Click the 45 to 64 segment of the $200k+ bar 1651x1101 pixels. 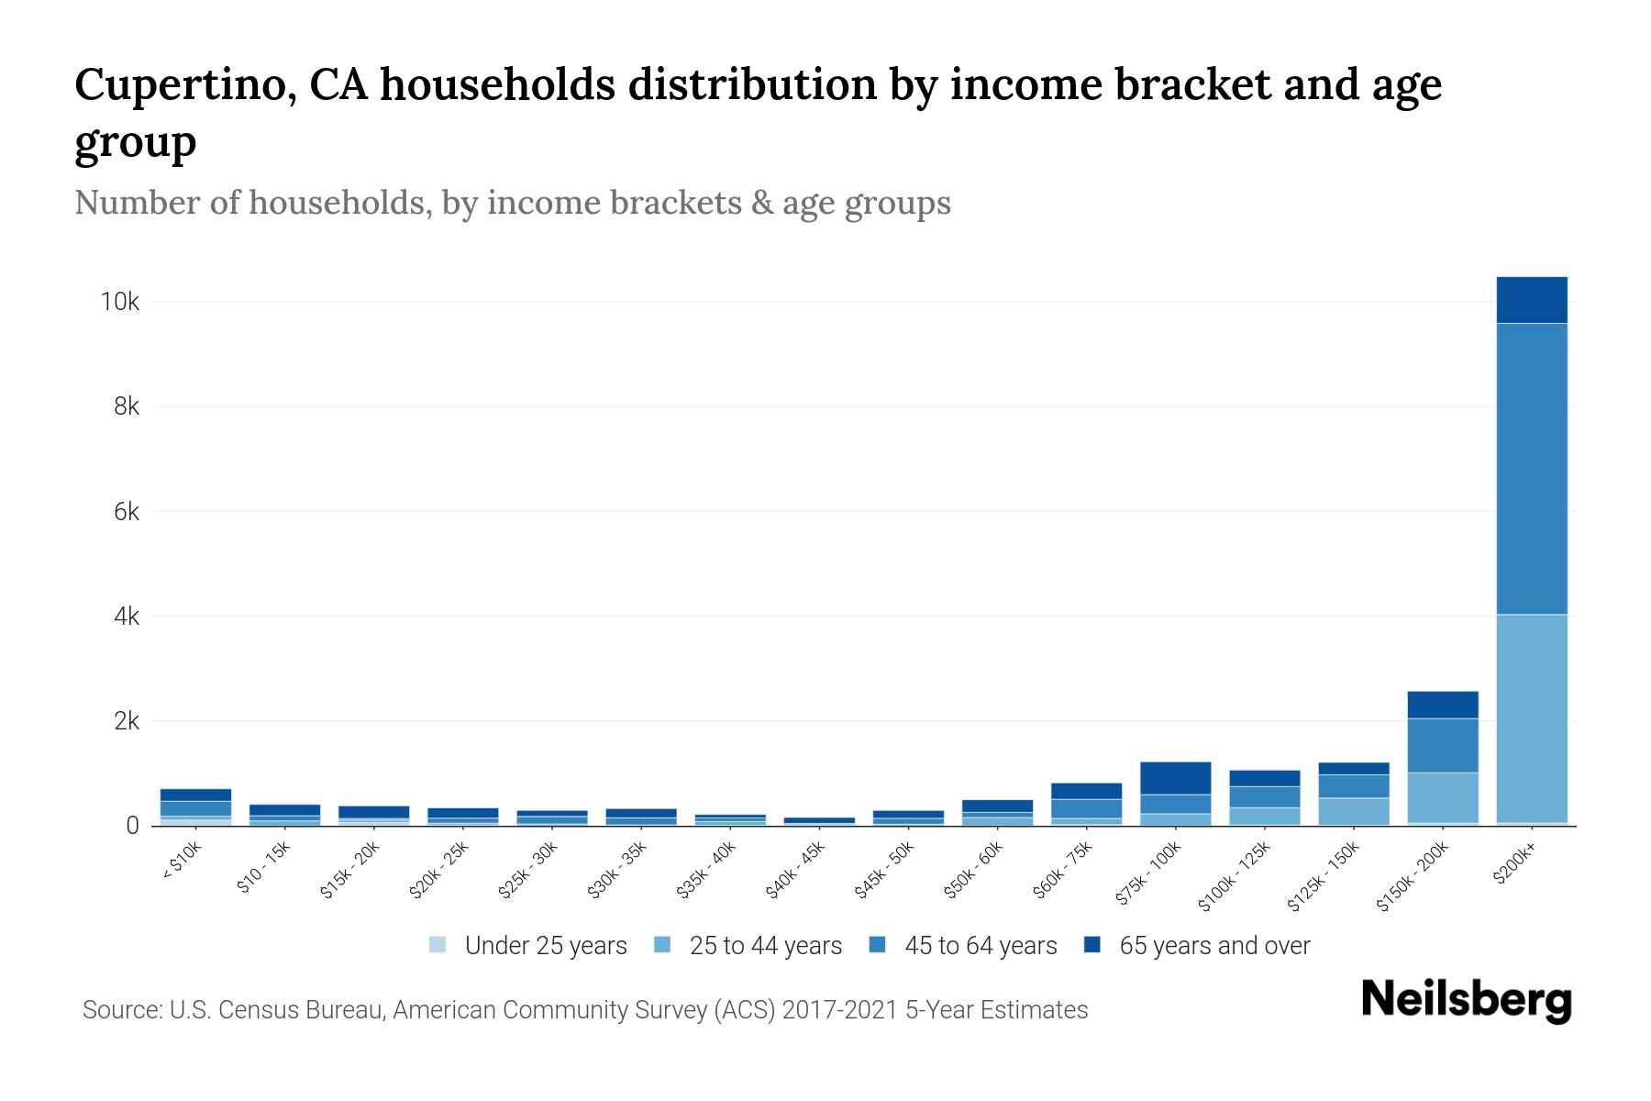click(x=1532, y=468)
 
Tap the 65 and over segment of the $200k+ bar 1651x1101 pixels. click(x=1532, y=300)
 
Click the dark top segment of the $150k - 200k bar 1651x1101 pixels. click(x=1443, y=705)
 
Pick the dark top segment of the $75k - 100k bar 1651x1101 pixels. click(x=1176, y=778)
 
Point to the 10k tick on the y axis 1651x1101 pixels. click(x=120, y=302)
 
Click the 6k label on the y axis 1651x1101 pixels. click(x=127, y=512)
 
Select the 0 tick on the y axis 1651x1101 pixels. click(x=133, y=826)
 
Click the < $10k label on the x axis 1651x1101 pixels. click(x=182, y=862)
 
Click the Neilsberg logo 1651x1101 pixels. click(x=1466, y=1001)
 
